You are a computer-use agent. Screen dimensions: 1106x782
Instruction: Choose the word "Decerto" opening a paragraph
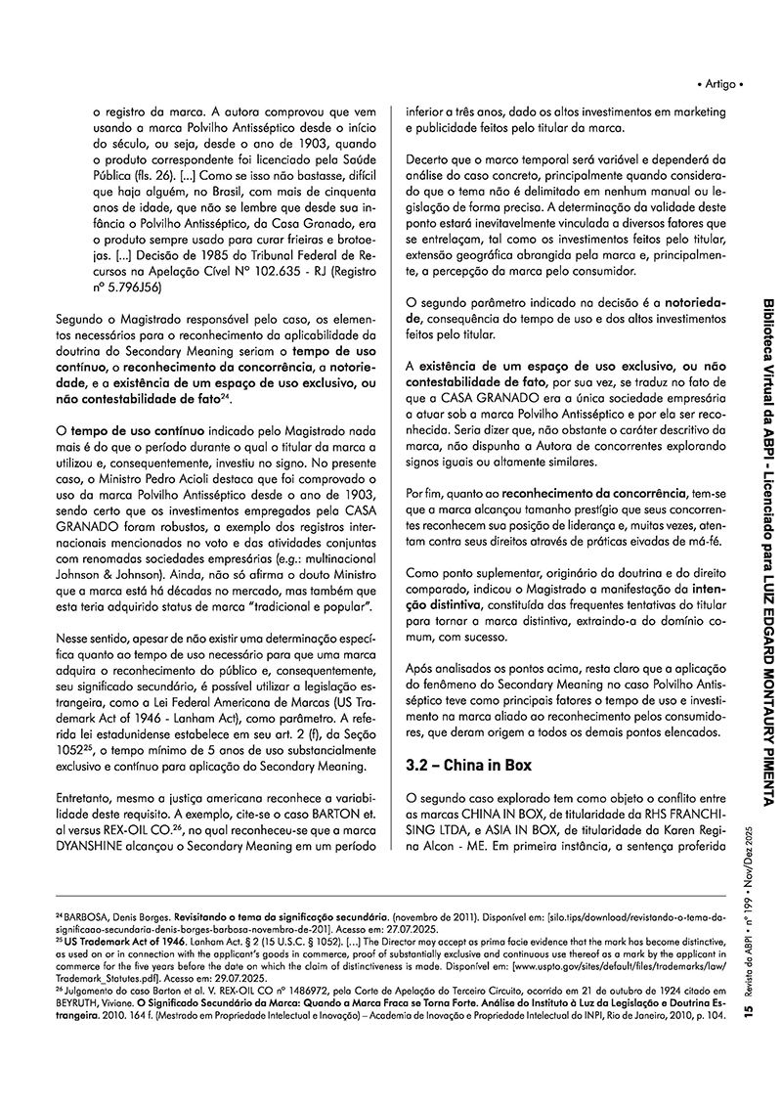pyautogui.click(x=431, y=157)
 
